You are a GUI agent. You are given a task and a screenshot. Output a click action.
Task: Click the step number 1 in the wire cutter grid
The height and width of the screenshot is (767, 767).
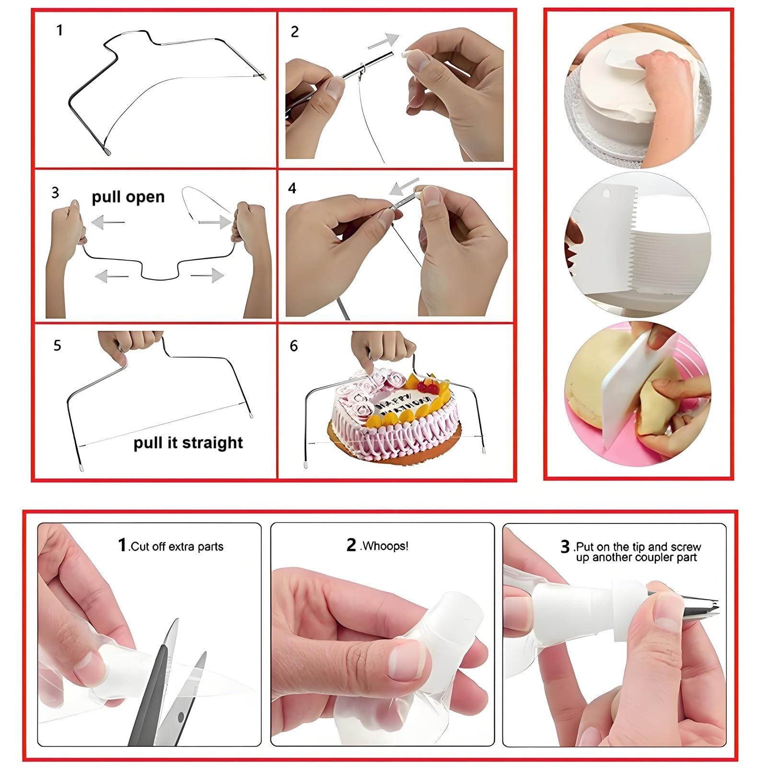click(59, 31)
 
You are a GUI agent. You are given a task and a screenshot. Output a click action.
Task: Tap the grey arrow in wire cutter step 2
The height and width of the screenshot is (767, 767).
click(383, 41)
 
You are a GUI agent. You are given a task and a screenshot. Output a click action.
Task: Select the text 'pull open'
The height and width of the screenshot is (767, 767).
click(128, 197)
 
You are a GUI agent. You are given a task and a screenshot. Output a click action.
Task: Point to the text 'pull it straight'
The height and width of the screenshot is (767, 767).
click(188, 442)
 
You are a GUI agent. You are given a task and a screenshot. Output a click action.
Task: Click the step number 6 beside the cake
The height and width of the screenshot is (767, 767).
click(294, 346)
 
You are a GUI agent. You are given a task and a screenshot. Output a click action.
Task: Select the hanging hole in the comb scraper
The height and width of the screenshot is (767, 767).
click(607, 195)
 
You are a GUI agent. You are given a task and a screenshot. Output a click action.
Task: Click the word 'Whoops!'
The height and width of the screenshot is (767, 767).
click(385, 546)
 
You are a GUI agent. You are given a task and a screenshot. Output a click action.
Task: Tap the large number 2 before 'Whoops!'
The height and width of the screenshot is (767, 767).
click(352, 545)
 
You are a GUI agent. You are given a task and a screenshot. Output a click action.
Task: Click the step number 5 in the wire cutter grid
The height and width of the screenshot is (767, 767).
click(58, 346)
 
